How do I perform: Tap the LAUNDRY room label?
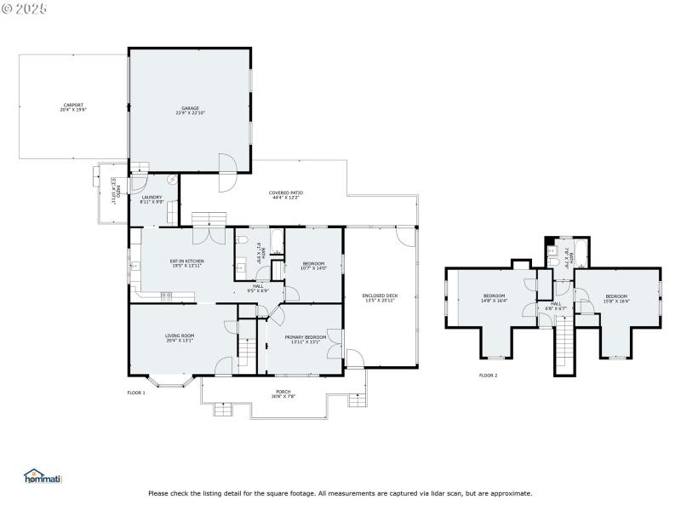pyautogui.click(x=152, y=199)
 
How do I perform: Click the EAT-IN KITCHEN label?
pyautogui.click(x=186, y=262)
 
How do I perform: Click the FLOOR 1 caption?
pyautogui.click(x=136, y=393)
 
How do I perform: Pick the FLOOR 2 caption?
pyautogui.click(x=488, y=375)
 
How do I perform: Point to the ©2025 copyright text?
pyautogui.click(x=26, y=9)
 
